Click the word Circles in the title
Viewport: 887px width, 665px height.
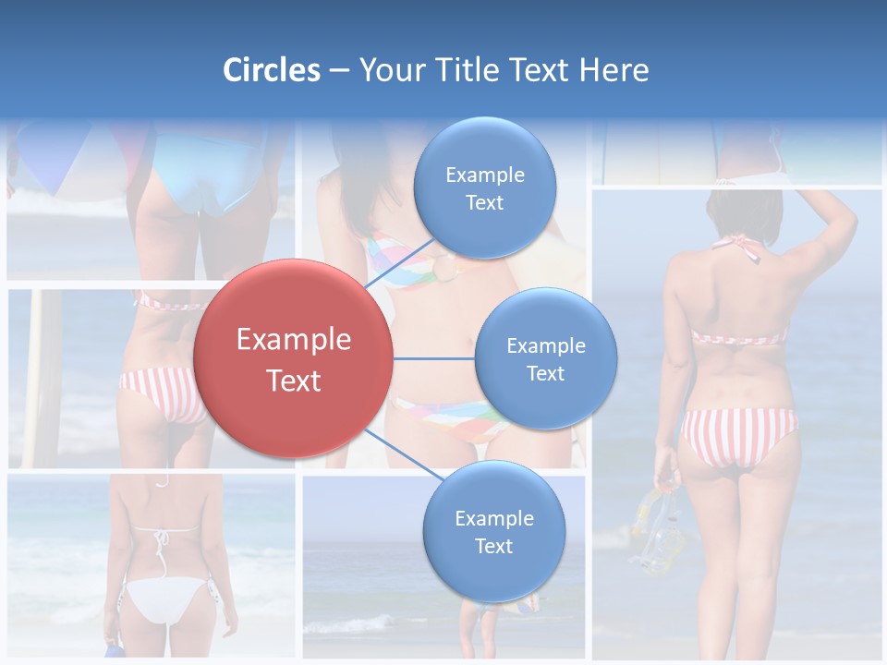(x=272, y=70)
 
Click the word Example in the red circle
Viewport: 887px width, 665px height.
(x=294, y=340)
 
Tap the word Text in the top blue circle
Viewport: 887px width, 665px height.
(x=485, y=203)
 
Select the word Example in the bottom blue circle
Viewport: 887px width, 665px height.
(x=494, y=519)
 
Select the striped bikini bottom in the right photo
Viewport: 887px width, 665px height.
(x=738, y=435)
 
